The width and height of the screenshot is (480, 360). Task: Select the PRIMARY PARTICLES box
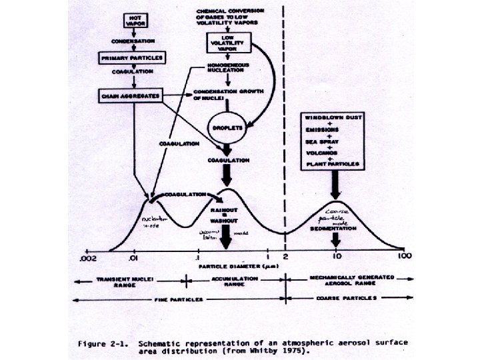[x=131, y=58]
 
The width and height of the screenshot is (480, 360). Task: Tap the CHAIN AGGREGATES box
[x=130, y=95]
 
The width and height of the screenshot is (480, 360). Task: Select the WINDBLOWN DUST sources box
[x=333, y=141]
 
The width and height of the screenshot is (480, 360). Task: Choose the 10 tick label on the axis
[x=337, y=255]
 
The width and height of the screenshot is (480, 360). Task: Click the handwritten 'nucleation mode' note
[x=154, y=221]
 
